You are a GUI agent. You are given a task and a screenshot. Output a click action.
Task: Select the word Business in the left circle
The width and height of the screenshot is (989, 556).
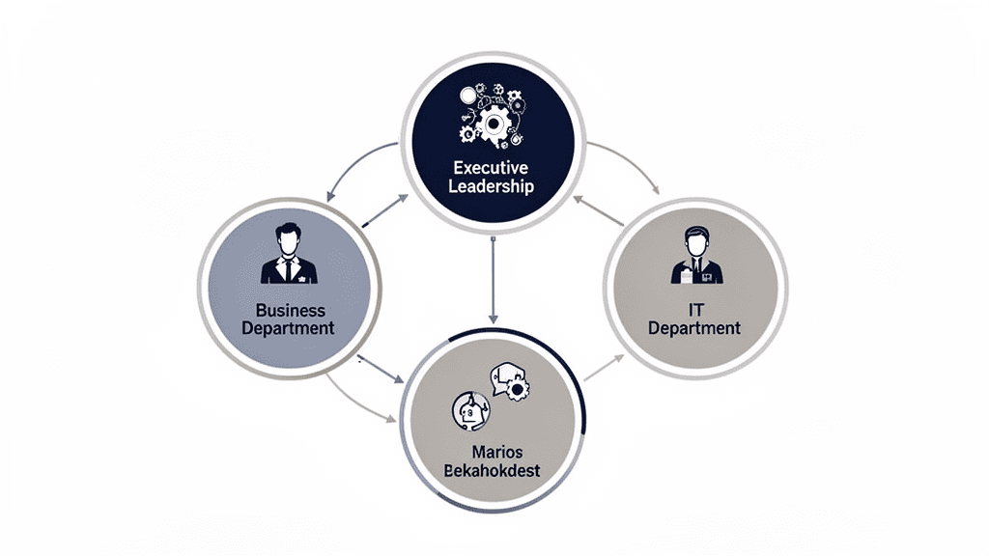[x=290, y=311]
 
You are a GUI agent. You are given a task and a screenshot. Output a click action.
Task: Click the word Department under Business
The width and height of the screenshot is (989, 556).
[x=290, y=328]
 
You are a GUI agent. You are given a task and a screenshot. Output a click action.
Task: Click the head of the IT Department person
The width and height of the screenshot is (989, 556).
[x=695, y=238]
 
